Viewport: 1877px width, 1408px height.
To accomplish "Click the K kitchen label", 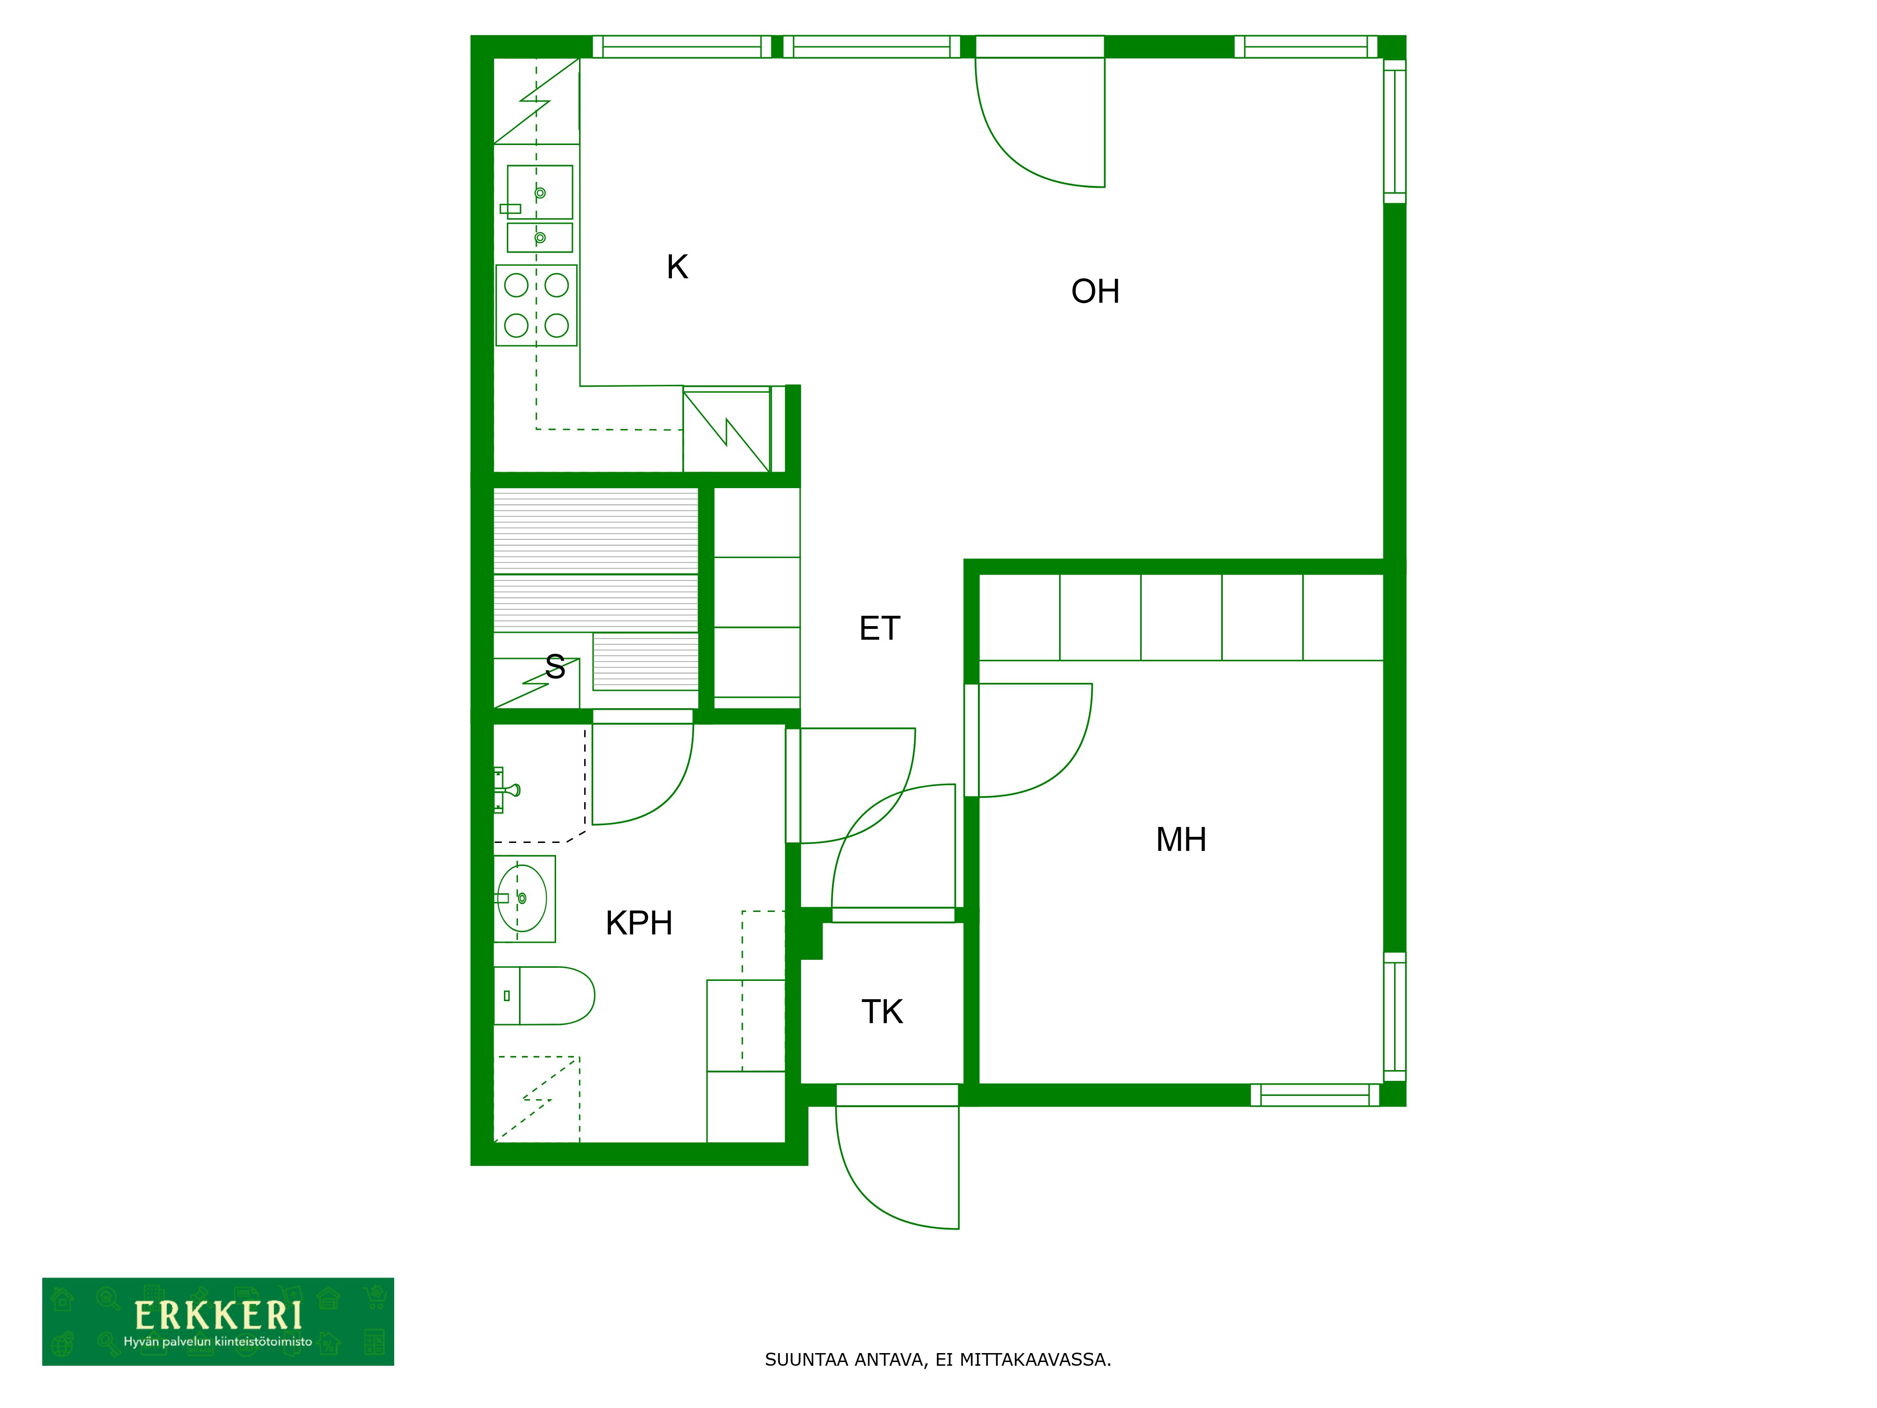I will (x=676, y=268).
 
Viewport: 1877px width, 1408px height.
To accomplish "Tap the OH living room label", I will (x=1095, y=292).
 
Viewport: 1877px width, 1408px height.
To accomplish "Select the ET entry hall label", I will (x=879, y=629).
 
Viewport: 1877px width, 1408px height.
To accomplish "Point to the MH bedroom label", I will (x=1180, y=840).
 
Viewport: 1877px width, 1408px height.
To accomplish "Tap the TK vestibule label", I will (x=882, y=1012).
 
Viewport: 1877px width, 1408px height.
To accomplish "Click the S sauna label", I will (x=555, y=667).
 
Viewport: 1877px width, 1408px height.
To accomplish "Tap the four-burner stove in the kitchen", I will (x=536, y=306).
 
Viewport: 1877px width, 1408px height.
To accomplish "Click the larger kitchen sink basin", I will (x=540, y=192).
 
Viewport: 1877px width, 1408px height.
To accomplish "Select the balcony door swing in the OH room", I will (x=1039, y=127).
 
